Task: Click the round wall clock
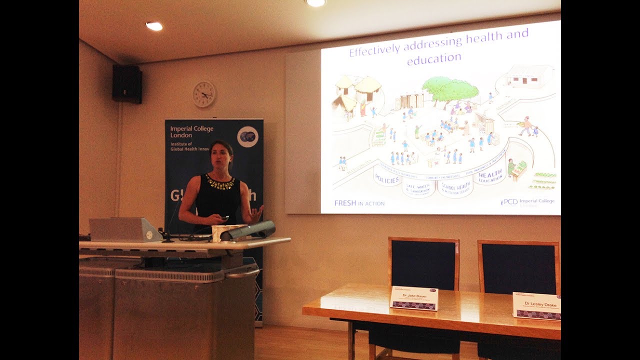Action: click(x=204, y=94)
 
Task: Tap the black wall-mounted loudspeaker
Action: click(x=127, y=84)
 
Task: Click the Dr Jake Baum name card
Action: click(x=413, y=298)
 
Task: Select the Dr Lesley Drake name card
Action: click(x=536, y=305)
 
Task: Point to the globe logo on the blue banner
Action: click(x=247, y=136)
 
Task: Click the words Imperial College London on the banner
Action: click(x=191, y=132)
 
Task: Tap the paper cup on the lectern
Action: click(x=218, y=233)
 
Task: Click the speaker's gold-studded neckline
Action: click(x=219, y=182)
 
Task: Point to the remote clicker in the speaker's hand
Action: click(x=223, y=218)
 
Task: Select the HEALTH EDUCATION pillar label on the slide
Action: click(x=490, y=176)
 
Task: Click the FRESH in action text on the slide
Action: click(x=359, y=203)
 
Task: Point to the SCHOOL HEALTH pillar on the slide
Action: click(x=455, y=187)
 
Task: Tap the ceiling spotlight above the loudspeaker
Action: click(x=154, y=26)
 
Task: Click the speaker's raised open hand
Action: click(x=256, y=214)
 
